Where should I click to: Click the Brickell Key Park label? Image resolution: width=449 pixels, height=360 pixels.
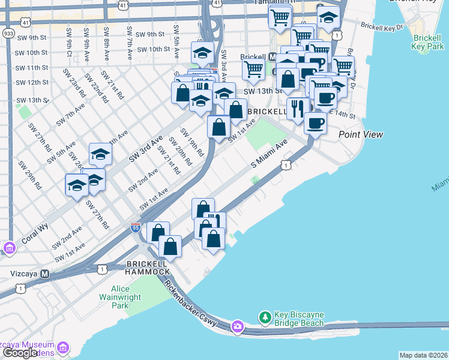[x=427, y=41]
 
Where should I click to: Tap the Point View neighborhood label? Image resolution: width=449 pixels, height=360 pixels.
[x=360, y=134]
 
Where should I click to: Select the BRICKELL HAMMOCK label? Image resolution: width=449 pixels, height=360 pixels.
[x=148, y=268]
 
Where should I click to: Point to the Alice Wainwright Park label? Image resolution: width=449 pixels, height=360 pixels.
[x=120, y=298]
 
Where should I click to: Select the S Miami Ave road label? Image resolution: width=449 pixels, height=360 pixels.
[x=270, y=154]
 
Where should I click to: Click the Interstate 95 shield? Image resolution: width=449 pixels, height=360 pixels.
[x=135, y=228]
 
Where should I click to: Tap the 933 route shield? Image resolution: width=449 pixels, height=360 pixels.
[x=8, y=34]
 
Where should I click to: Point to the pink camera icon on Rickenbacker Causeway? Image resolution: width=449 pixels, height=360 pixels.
[x=238, y=326]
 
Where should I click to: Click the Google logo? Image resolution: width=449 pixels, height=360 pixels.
[x=20, y=353]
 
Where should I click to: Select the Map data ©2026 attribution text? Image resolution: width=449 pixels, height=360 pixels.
[x=423, y=355]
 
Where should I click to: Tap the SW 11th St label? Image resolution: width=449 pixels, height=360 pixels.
[x=32, y=68]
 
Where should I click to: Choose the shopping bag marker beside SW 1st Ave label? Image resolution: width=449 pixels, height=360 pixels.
[x=218, y=127]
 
